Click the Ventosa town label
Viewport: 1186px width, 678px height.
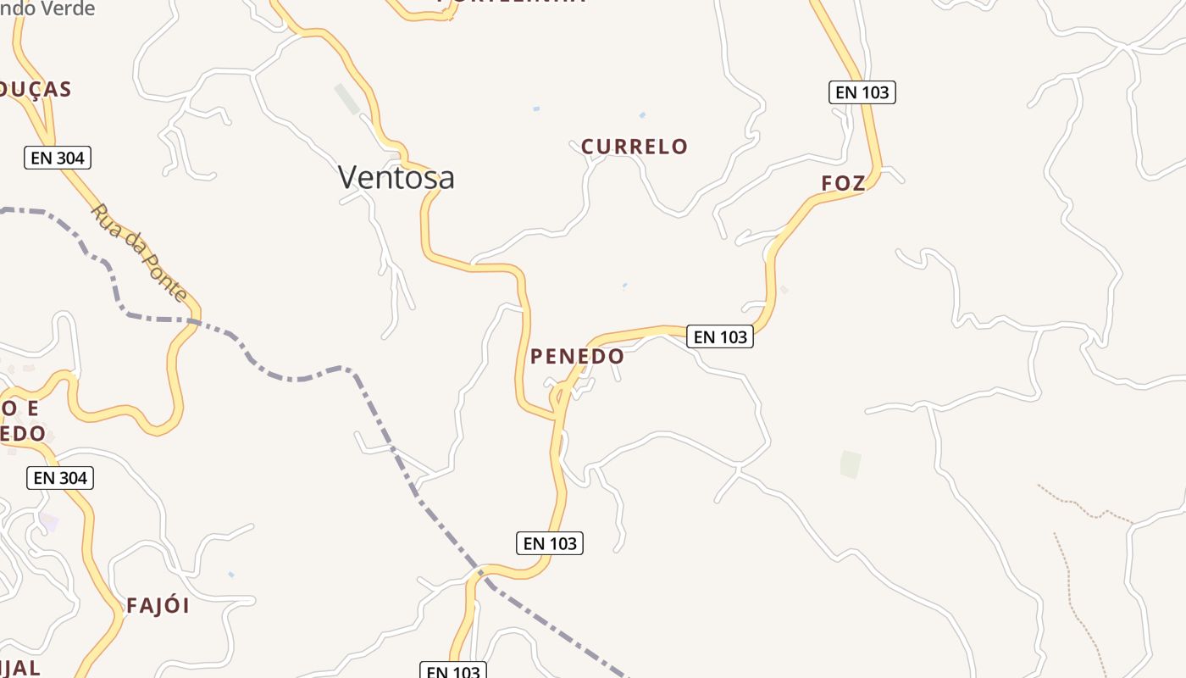(x=396, y=177)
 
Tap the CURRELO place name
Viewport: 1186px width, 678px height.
(x=635, y=147)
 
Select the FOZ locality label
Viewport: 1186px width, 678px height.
(x=844, y=183)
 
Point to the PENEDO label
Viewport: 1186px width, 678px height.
(x=577, y=357)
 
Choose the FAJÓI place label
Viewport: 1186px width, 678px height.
(x=158, y=606)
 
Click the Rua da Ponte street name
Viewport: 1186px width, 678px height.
(x=139, y=253)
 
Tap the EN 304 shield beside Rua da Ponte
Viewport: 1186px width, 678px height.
(x=57, y=158)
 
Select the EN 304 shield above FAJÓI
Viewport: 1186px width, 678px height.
(x=60, y=478)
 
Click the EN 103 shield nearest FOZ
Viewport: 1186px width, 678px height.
(x=862, y=92)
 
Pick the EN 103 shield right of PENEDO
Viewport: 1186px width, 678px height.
(x=720, y=337)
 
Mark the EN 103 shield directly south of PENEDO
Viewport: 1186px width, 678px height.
(x=550, y=543)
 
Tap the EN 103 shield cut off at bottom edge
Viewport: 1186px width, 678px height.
(x=453, y=671)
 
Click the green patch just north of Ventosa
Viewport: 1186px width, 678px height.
(x=347, y=98)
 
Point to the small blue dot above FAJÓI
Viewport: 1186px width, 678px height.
(x=231, y=575)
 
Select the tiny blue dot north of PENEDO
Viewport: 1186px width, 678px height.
(x=625, y=285)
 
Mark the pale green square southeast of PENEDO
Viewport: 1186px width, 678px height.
(x=851, y=464)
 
